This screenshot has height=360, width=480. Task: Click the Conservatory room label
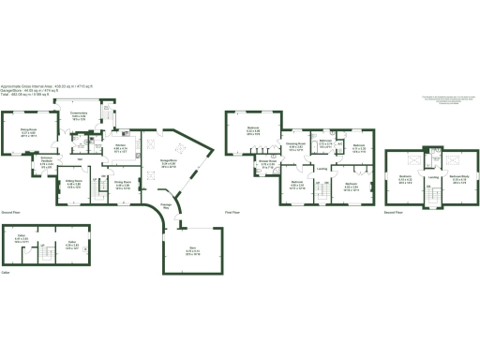click(92, 115)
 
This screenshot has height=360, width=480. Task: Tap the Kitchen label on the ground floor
click(120, 147)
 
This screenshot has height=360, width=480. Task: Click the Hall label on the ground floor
click(81, 160)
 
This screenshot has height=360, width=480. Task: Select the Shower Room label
click(267, 164)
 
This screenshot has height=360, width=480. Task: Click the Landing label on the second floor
click(432, 177)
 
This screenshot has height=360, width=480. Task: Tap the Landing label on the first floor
click(322, 168)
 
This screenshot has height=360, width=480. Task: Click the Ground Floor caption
click(11, 213)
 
